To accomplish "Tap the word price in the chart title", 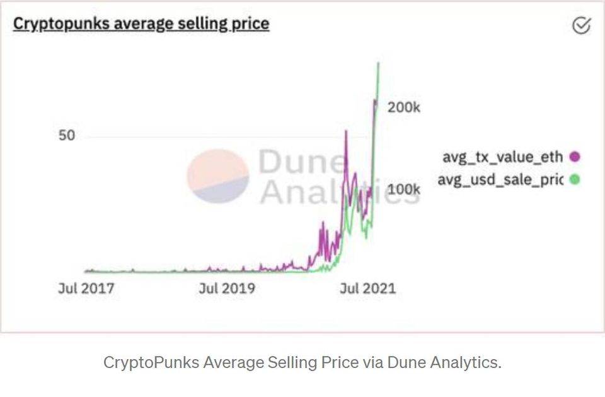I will coord(249,24).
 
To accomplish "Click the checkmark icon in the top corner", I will coord(581,25).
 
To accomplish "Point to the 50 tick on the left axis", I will coord(67,136).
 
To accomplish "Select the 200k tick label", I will coord(403,107).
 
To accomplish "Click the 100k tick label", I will coord(403,189).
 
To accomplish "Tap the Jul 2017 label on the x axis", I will coord(86,288).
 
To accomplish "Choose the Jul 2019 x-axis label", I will coord(227,288).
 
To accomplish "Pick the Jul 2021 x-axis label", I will coord(367,288).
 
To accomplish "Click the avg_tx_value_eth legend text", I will coord(502,157).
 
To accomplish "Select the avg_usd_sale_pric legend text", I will coord(500,179).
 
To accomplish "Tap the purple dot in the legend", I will coord(574,157).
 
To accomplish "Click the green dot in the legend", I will coord(574,179).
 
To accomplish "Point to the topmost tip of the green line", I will coord(378,62).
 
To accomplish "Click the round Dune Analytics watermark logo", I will coord(218,176).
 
